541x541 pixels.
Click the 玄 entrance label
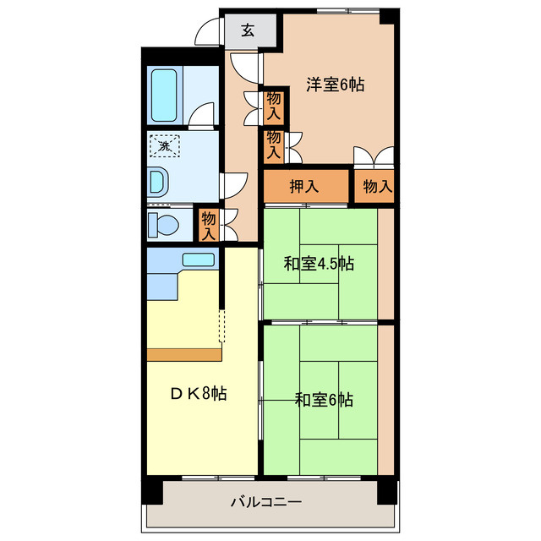[x=248, y=30]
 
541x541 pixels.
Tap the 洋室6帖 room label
[x=335, y=85]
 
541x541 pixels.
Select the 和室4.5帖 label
[x=319, y=264]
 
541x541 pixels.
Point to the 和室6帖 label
[x=324, y=400]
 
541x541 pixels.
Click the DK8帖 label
[x=199, y=393]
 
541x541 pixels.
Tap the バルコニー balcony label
[x=266, y=501]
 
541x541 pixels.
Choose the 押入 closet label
[x=304, y=187]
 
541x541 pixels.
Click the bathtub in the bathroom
[x=164, y=96]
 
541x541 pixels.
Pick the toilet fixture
[x=163, y=225]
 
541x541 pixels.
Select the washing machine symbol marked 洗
[x=165, y=146]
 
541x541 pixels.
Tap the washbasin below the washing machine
[x=158, y=182]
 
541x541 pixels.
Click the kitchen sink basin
[x=199, y=260]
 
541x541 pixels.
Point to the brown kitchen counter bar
[x=184, y=355]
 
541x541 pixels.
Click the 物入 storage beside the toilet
[x=209, y=226]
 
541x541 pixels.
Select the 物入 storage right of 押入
[x=378, y=187]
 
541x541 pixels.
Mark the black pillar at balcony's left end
[x=152, y=490]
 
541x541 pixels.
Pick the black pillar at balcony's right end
[x=388, y=490]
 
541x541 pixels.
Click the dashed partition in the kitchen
[x=221, y=325]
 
